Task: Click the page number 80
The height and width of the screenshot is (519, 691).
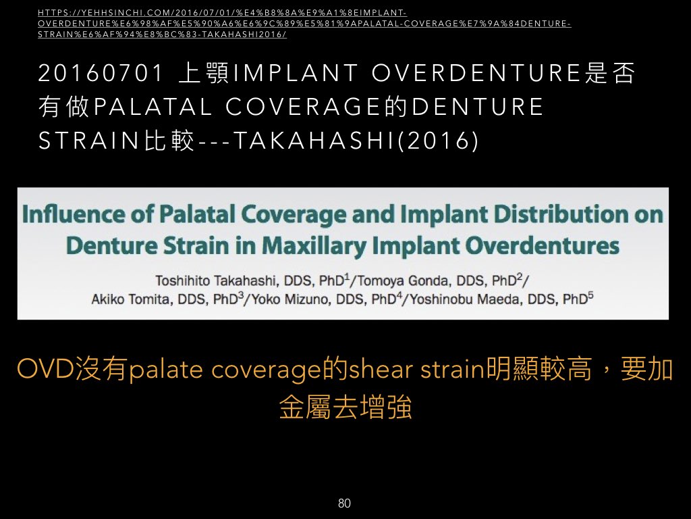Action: pyautogui.click(x=344, y=503)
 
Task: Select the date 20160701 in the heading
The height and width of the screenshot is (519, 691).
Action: pyautogui.click(x=101, y=73)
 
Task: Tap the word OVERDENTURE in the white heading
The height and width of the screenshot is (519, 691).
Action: pyautogui.click(x=476, y=73)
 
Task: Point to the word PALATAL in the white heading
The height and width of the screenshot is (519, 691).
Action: pyautogui.click(x=153, y=107)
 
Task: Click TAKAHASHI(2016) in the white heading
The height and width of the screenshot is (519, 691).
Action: pyautogui.click(x=355, y=141)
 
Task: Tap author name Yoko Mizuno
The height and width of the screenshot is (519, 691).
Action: pyautogui.click(x=289, y=299)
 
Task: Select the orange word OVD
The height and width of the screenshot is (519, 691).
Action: pyautogui.click(x=45, y=370)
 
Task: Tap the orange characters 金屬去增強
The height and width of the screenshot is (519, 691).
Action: pyautogui.click(x=345, y=407)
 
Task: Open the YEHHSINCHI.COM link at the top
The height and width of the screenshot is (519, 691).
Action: pyautogui.click(x=304, y=24)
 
